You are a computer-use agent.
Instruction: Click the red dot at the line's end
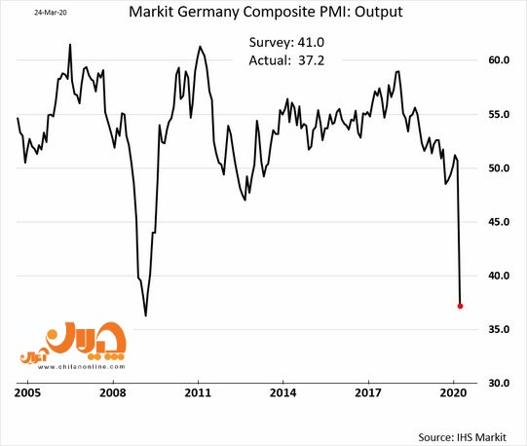[x=460, y=306]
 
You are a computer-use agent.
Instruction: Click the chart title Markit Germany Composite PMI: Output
[x=266, y=12]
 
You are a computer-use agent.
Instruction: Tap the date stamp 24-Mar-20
[x=51, y=13]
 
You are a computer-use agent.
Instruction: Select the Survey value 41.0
[x=311, y=42]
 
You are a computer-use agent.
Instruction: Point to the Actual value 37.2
[x=311, y=60]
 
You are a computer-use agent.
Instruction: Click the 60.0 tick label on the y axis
[x=499, y=60]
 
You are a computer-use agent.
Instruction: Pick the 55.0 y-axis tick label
[x=499, y=114]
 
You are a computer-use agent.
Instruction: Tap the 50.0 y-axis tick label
[x=499, y=168]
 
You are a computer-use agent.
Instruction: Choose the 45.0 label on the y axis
[x=499, y=222]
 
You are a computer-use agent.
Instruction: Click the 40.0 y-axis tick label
[x=499, y=276]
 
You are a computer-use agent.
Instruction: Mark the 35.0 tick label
[x=499, y=329]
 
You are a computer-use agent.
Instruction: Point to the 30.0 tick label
[x=499, y=383]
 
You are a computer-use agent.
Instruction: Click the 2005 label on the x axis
[x=27, y=392]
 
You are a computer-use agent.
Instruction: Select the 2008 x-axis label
[x=113, y=392]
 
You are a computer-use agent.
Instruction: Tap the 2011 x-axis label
[x=198, y=392]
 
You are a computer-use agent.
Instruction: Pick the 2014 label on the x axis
[x=283, y=392]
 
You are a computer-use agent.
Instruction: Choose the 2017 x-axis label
[x=368, y=392]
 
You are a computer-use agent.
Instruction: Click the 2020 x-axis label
[x=453, y=392]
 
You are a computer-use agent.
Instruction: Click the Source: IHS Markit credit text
[x=462, y=437]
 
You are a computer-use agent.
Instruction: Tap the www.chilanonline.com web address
[x=81, y=367]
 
